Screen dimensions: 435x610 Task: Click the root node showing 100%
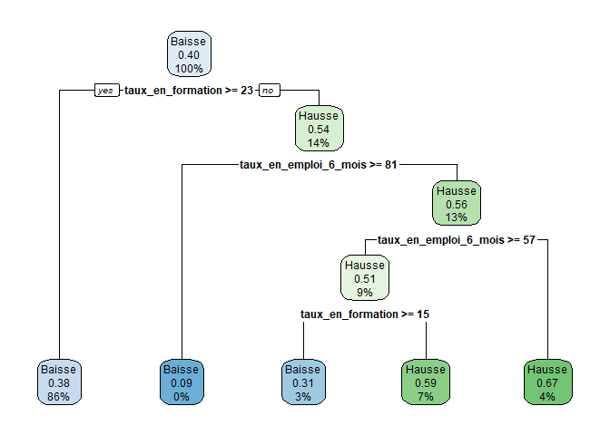[188, 55]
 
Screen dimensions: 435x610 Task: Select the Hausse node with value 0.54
[318, 129]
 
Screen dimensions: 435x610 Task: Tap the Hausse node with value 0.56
[456, 206]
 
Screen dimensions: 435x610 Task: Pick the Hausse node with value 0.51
[364, 279]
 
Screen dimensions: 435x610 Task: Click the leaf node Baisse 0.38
[60, 382]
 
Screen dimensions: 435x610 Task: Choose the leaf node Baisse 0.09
[181, 382]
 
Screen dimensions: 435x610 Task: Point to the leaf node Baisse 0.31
[303, 382]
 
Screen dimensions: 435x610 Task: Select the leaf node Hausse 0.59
[426, 382]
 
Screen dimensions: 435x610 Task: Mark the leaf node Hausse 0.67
[547, 382]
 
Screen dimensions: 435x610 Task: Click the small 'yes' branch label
[106, 91]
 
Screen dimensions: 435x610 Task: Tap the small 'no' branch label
[268, 91]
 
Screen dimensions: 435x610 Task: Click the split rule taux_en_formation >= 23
[188, 91]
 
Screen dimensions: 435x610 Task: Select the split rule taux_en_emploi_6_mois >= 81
[318, 165]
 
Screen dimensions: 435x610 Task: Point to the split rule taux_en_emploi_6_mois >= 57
[456, 240]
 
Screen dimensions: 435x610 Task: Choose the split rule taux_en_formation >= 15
[364, 314]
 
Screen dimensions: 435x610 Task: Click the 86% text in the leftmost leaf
[60, 396]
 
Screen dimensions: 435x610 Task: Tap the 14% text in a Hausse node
[318, 142]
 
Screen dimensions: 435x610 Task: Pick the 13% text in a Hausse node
[456, 219]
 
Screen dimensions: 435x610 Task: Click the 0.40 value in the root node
[188, 55]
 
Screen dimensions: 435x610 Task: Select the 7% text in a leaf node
[426, 396]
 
